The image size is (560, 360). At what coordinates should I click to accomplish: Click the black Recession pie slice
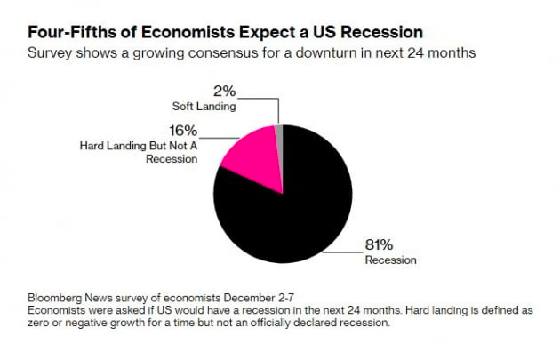(284, 213)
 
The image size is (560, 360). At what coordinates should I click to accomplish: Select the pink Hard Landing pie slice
(249, 151)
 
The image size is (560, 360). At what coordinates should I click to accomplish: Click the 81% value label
(379, 245)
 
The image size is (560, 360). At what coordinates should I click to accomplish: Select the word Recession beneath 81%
(390, 260)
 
